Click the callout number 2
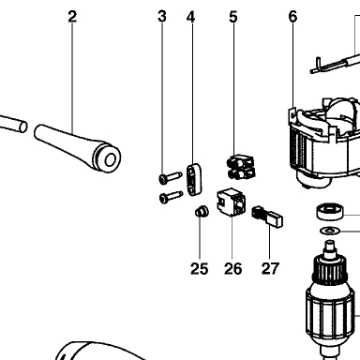pyautogui.click(x=72, y=17)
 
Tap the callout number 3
pyautogui.click(x=162, y=17)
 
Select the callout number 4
pyautogui.click(x=191, y=17)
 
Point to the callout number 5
pyautogui.click(x=233, y=17)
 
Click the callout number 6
pyautogui.click(x=292, y=17)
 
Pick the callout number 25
pyautogui.click(x=199, y=269)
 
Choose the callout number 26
pyautogui.click(x=232, y=269)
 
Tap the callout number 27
pyautogui.click(x=270, y=269)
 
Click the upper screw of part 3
pyautogui.click(x=171, y=177)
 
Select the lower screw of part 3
pyautogui.click(x=171, y=197)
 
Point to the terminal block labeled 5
pyautogui.click(x=241, y=166)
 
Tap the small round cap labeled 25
pyautogui.click(x=202, y=212)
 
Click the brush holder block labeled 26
pyautogui.click(x=232, y=202)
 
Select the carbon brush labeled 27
pyautogui.click(x=267, y=216)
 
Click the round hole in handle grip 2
pyautogui.click(x=110, y=160)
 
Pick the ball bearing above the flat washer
pyautogui.click(x=330, y=212)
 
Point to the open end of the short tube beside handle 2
pyautogui.click(x=22, y=127)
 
